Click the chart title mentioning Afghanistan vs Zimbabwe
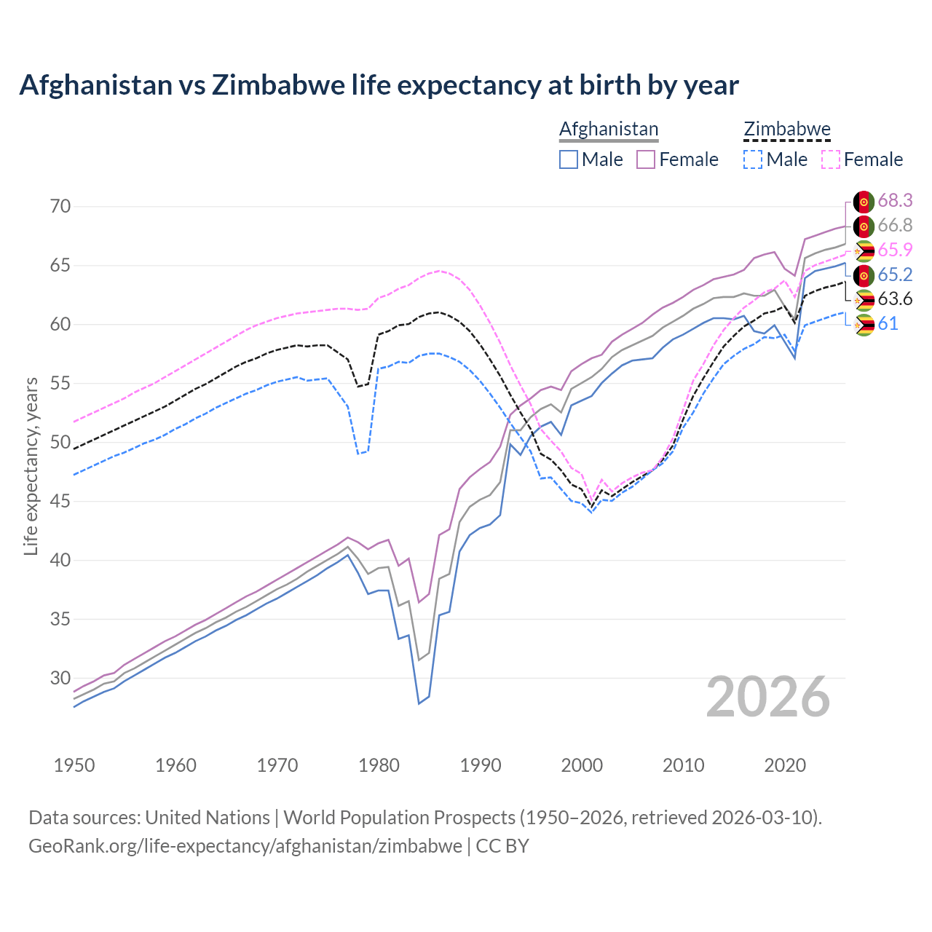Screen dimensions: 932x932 379,85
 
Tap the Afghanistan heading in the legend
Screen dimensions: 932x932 609,129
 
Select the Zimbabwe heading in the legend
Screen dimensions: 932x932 786,129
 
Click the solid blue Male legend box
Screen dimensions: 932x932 569,159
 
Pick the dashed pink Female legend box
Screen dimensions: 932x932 831,159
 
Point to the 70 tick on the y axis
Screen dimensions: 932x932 60,206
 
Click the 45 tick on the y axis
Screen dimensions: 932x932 60,502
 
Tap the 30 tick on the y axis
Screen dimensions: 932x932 60,679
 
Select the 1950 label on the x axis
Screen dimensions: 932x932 74,765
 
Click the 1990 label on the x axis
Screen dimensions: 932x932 481,765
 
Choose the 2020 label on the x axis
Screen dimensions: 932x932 785,765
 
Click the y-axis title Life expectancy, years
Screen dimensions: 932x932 31,466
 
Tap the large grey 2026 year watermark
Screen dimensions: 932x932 768,697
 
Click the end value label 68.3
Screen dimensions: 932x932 895,200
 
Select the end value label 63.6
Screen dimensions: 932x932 895,299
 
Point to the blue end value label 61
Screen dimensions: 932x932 888,324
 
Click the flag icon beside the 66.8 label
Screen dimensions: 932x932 864,226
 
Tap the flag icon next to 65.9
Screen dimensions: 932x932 864,250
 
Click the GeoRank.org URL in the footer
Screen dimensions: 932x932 245,846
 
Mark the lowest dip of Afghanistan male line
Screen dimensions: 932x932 419,703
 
